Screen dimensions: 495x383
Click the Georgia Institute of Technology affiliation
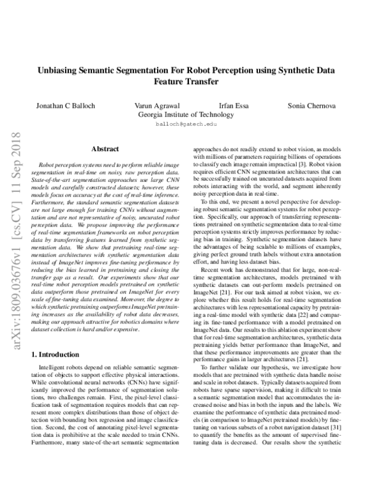pos(191,115)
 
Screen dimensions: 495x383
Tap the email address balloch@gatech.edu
pos(191,126)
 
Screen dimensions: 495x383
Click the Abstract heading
pos(106,149)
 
